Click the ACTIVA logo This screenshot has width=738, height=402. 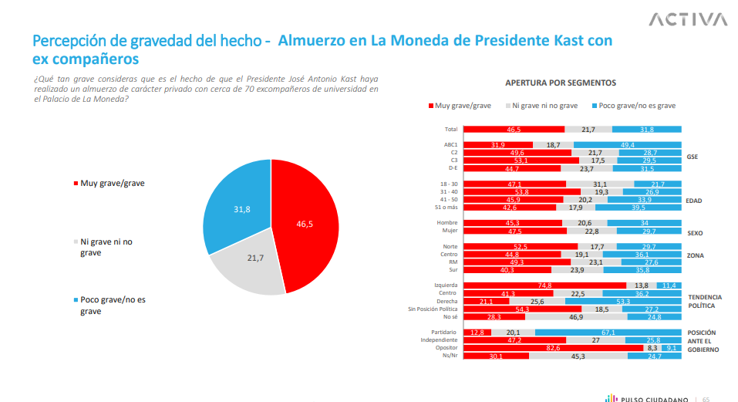click(688, 19)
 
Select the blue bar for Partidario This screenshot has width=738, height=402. click(608, 333)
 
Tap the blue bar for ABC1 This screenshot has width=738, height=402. click(627, 145)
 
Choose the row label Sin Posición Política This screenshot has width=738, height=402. click(433, 309)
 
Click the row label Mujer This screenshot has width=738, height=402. click(450, 231)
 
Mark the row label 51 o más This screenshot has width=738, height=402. click(447, 207)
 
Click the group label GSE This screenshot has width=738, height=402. click(692, 157)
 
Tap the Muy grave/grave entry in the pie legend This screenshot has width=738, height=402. click(111, 183)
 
